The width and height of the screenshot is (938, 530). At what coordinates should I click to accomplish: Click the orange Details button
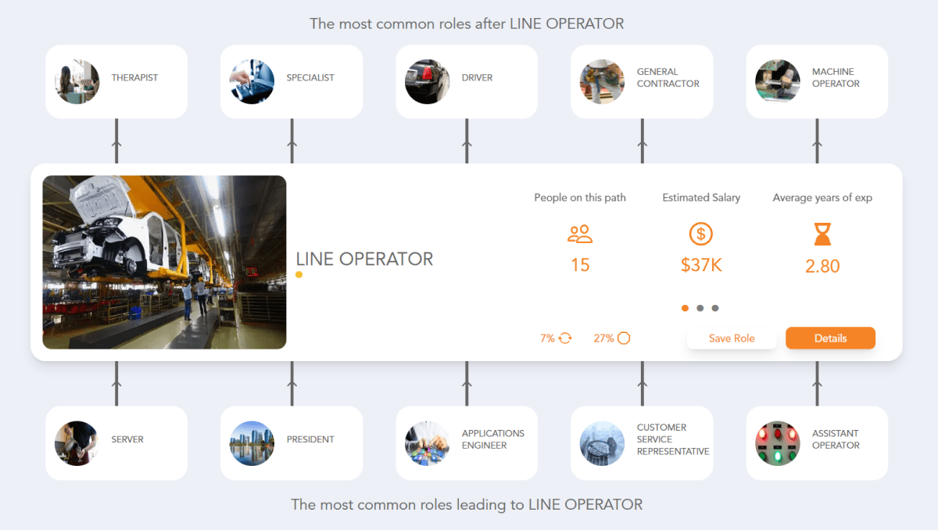coord(830,338)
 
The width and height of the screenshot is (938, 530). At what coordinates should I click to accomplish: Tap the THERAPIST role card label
coord(134,78)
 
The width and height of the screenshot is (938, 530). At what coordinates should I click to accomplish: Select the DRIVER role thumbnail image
coord(427,82)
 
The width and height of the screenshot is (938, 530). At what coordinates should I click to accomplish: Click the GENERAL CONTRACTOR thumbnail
coord(602,82)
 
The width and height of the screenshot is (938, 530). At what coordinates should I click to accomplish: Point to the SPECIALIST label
coord(310,78)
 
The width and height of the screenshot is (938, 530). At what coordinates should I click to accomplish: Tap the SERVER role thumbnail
coord(77,443)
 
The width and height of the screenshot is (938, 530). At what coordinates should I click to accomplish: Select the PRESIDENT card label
coord(310,439)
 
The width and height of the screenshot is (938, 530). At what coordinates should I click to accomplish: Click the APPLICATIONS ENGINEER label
coord(492,439)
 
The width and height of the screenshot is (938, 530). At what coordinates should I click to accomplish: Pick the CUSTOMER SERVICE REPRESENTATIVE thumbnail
coord(602,443)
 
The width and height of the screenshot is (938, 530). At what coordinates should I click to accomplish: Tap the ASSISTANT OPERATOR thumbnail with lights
coord(777,443)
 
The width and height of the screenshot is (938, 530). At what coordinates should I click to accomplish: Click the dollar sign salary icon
coord(701,234)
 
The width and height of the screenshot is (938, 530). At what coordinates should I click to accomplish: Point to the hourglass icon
coord(822,234)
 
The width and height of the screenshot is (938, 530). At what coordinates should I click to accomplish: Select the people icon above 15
coord(580,234)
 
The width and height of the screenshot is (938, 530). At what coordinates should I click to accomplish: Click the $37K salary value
coord(701,265)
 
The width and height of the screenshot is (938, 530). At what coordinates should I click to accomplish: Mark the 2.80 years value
coord(822,266)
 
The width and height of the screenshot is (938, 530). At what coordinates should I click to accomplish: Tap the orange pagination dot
coord(686,308)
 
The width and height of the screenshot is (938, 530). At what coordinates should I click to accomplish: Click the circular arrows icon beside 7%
coord(565,338)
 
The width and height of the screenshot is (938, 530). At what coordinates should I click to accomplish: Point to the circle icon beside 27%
coord(624,338)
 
